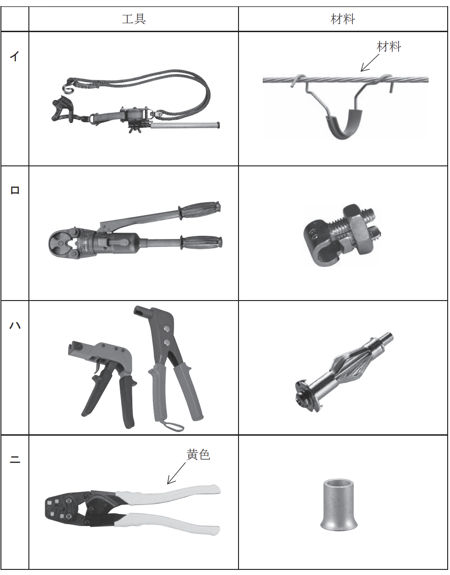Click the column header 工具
134,19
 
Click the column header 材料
343,19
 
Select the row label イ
15,56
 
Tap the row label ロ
15,190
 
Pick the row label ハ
15,325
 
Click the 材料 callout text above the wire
389,47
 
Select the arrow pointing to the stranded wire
370,63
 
